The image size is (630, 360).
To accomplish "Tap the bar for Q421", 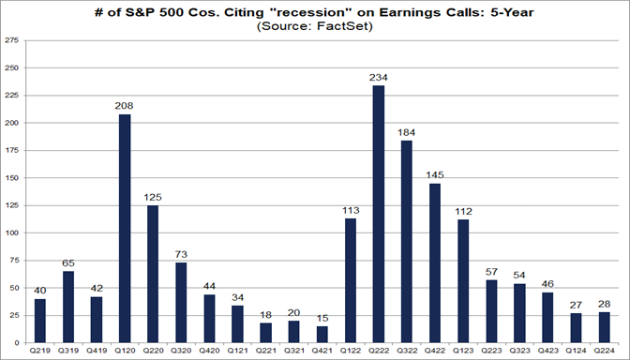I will [322, 334].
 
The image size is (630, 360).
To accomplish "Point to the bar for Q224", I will [605, 326].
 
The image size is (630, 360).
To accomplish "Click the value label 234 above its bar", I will [378, 77].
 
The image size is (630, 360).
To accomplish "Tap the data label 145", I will [435, 174].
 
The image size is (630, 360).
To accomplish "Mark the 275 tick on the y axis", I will [12, 41].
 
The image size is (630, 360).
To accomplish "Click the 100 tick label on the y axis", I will [12, 232].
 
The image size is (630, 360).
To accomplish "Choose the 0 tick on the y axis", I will [17, 342].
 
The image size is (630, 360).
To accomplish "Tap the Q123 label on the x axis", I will [463, 351].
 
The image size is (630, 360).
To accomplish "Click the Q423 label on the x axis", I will [548, 351].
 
